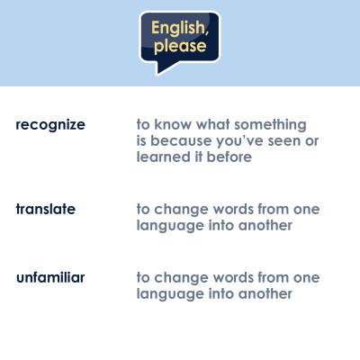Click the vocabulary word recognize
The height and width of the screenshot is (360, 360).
(x=50, y=125)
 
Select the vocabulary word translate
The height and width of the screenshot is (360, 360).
(x=46, y=209)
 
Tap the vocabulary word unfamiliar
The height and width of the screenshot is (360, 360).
(x=50, y=277)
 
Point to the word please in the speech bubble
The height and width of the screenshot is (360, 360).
(x=180, y=46)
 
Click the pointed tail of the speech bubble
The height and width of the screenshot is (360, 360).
(x=158, y=73)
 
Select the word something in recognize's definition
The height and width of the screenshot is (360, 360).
(x=270, y=125)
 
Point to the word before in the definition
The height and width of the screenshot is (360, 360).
(x=229, y=157)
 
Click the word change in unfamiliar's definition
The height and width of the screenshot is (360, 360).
(x=181, y=278)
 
